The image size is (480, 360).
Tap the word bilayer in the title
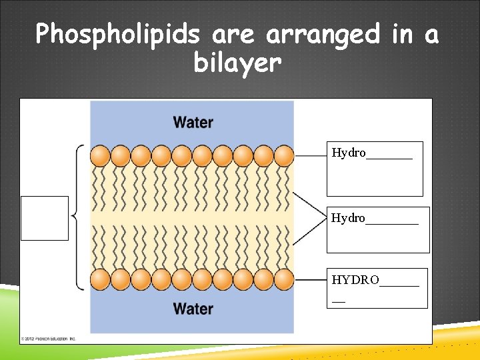coord(238,63)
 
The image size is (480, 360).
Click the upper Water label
coord(193,123)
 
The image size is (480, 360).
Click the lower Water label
coord(193,309)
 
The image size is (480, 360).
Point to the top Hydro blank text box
coord(374,169)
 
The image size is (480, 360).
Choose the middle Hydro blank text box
coord(378,230)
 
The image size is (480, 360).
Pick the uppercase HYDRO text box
coord(377,288)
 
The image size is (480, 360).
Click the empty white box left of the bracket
coord(45,218)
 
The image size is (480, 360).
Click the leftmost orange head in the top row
coord(100,156)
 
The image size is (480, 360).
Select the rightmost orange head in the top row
coord(284,156)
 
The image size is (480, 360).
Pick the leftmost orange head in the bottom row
coord(100,279)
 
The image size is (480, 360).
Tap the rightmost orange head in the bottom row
coord(284,279)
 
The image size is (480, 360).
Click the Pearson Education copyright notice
coord(49,339)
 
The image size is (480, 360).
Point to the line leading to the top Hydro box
coord(310,155)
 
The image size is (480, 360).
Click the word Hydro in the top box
coord(349,153)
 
